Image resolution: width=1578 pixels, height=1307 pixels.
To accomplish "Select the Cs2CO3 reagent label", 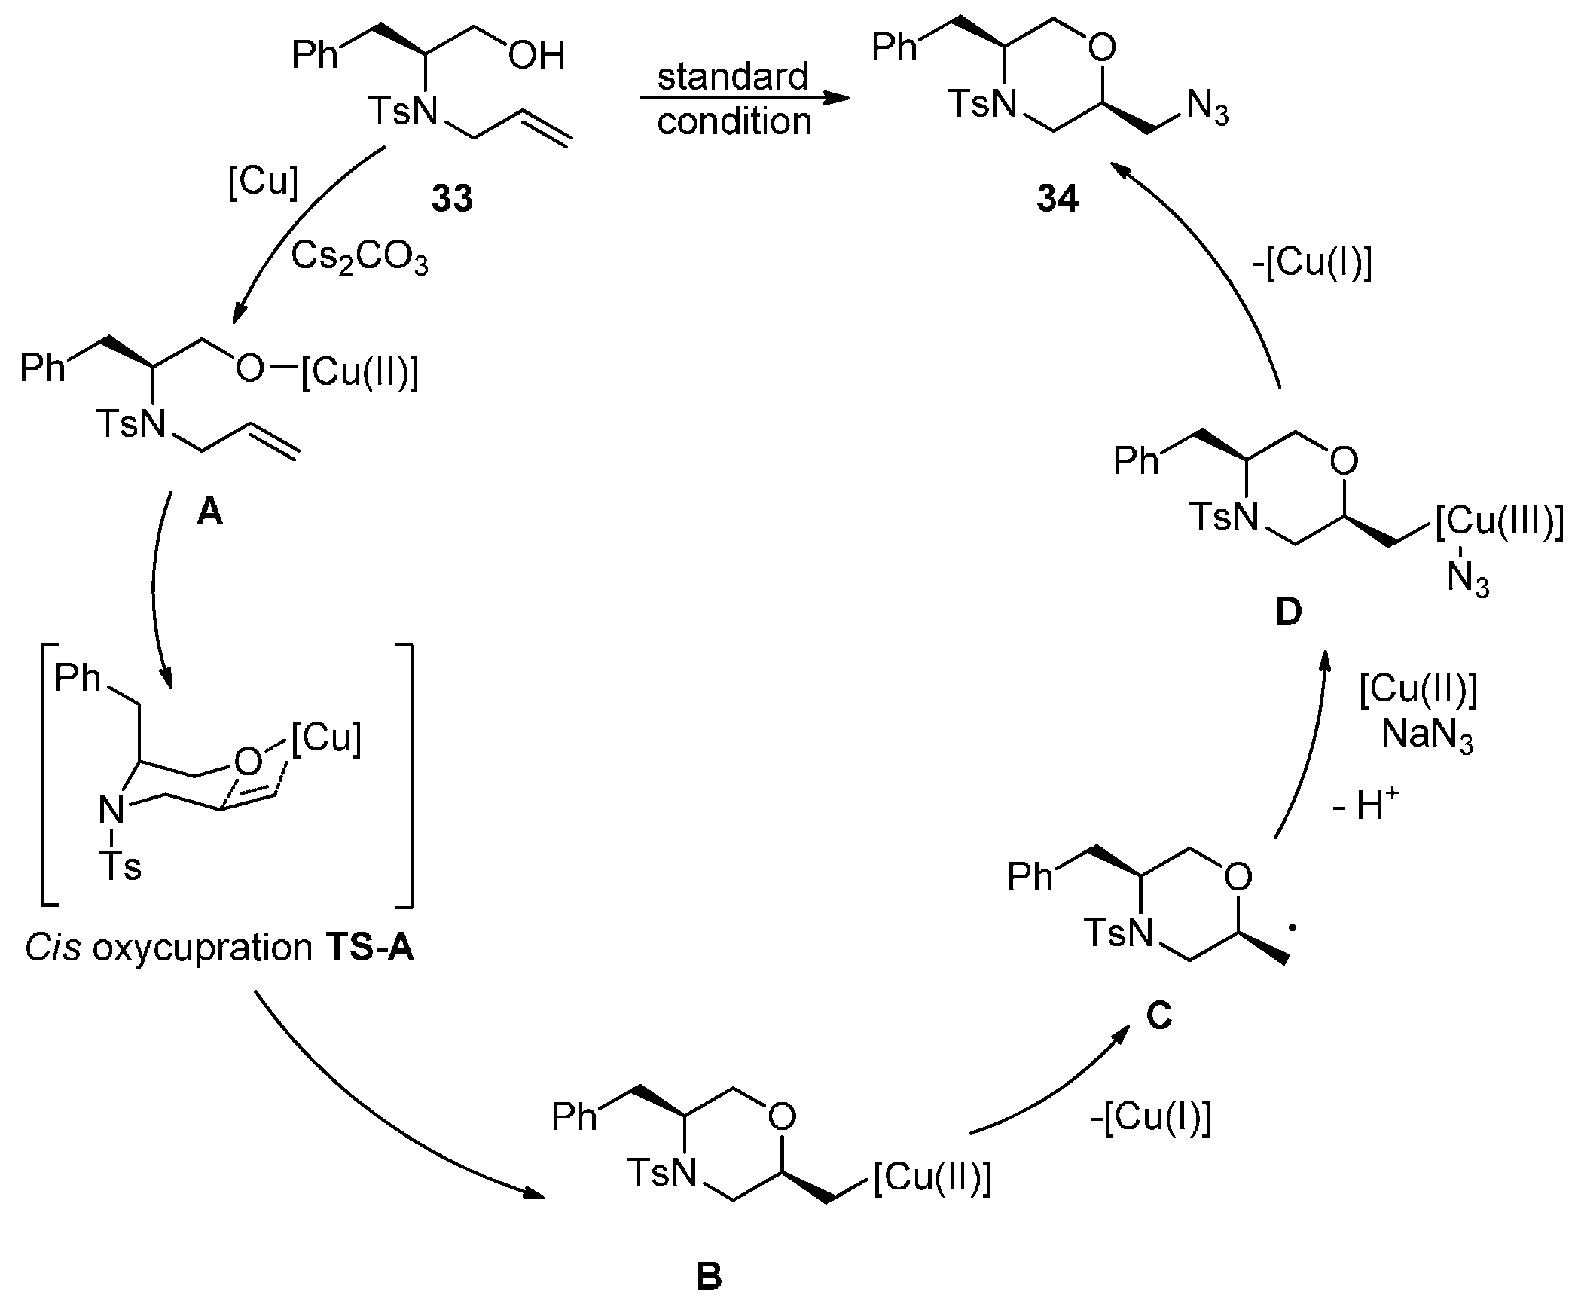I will tap(359, 259).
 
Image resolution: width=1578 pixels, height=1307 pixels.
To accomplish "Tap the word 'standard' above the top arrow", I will tap(733, 77).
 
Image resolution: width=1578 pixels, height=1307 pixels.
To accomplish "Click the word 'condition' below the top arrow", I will tap(734, 121).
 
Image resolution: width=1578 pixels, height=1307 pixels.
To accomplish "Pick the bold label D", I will tap(1288, 613).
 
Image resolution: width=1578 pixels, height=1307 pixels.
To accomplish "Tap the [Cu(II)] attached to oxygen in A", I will tap(359, 372).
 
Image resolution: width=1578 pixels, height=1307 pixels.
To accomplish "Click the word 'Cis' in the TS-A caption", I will tap(53, 948).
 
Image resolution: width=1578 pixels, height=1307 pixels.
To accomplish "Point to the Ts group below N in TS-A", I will tap(121, 866).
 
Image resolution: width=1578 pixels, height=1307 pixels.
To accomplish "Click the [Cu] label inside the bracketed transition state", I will tap(326, 738).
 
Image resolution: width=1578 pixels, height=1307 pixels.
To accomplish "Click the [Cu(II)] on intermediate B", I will tap(932, 1177).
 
